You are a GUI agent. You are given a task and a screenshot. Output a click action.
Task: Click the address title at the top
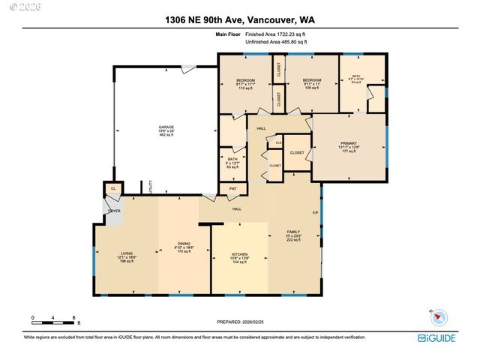[x=239, y=20]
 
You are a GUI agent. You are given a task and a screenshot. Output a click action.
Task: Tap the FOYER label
[x=114, y=211]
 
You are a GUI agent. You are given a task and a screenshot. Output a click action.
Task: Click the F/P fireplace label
[x=315, y=213]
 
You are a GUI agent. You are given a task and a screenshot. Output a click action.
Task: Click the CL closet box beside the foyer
[x=113, y=188]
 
